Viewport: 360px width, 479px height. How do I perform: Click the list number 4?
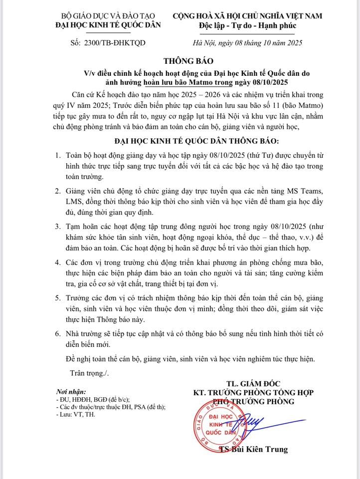(x=58, y=262)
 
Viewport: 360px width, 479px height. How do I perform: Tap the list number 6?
(x=58, y=333)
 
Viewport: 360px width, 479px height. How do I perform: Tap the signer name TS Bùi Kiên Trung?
(x=254, y=450)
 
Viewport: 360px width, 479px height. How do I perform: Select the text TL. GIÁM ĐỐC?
(x=253, y=383)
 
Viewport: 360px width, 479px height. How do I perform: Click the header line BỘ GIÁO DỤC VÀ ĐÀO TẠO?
(x=108, y=16)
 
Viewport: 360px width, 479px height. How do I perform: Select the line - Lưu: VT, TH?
(x=74, y=415)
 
